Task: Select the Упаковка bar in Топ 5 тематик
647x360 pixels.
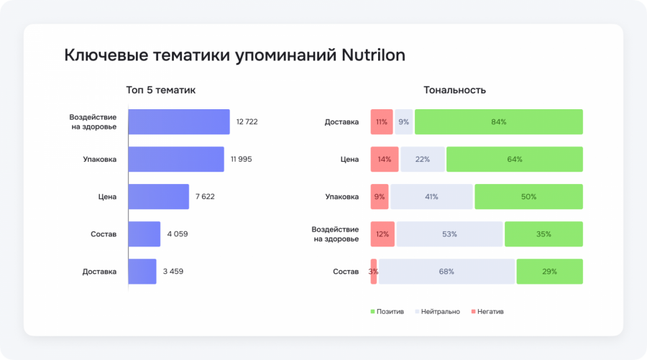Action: (x=176, y=159)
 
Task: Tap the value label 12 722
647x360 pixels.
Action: (x=247, y=121)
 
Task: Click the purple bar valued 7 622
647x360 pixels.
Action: (x=158, y=196)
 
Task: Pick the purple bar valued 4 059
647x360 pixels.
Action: (x=144, y=234)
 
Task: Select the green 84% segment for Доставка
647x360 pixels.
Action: (x=499, y=121)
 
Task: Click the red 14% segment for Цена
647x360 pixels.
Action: (x=384, y=159)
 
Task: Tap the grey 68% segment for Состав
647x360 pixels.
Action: (x=446, y=272)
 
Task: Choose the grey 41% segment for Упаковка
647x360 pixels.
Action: (x=431, y=196)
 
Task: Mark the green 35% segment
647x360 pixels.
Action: (x=543, y=234)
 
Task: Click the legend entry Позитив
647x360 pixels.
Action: (x=387, y=311)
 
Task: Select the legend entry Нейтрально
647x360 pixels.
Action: (x=437, y=311)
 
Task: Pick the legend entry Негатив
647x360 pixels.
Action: (x=488, y=311)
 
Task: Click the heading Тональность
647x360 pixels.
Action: (x=454, y=90)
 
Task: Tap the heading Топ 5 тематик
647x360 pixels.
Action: (x=160, y=90)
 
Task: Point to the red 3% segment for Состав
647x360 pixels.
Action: (x=374, y=272)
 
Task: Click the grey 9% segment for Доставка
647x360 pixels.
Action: (x=404, y=121)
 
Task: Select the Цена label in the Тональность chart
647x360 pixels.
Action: (x=350, y=159)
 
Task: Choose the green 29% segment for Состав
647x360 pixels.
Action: (x=549, y=272)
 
